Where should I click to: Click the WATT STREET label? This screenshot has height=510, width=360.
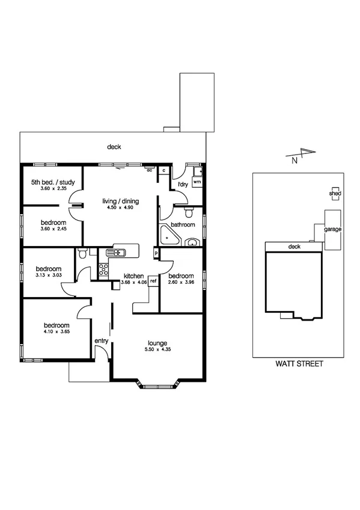click(x=299, y=364)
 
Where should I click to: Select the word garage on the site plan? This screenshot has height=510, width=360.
click(x=333, y=230)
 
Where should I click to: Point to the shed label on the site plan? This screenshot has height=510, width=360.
click(x=335, y=194)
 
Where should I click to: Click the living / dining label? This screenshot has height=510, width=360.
click(x=120, y=200)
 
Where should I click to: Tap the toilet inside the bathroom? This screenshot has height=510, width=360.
click(x=189, y=212)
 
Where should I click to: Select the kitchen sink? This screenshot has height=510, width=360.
click(x=115, y=253)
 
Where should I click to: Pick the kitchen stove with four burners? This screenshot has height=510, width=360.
click(x=103, y=269)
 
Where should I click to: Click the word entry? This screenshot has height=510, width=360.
click(x=101, y=341)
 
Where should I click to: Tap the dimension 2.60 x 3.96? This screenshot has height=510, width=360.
click(x=182, y=282)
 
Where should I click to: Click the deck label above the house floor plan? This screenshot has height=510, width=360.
click(x=114, y=147)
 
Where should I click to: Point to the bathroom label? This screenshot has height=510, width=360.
click(x=183, y=225)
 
